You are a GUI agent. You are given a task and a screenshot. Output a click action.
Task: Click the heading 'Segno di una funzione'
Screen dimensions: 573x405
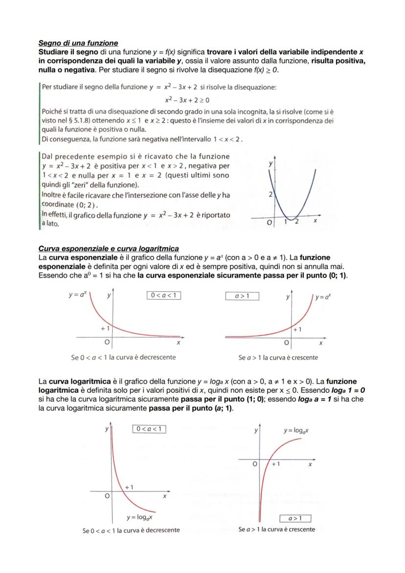pos(78,44)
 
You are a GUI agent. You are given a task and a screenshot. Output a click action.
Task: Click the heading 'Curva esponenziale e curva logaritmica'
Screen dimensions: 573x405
pos(108,249)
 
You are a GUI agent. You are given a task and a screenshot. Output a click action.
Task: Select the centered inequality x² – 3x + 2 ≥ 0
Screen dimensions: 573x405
pos(187,100)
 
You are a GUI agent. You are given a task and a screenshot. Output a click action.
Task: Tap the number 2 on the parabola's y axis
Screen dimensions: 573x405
pos(270,194)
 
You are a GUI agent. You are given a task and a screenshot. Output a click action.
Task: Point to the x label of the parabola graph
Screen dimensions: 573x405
pos(315,221)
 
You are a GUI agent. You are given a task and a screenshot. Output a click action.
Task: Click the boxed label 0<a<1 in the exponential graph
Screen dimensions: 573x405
pos(163,295)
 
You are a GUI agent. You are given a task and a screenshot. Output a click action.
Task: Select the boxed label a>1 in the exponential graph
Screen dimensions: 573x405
pos(242,296)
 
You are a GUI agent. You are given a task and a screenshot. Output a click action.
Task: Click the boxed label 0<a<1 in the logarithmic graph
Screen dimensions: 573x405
pos(149,429)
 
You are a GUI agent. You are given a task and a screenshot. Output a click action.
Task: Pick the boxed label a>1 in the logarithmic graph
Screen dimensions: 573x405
pos(295,518)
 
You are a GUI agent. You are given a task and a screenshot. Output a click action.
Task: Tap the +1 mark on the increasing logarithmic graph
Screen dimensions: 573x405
pos(276,463)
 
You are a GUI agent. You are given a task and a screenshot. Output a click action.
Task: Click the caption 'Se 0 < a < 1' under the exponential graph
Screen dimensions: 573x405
pos(123,357)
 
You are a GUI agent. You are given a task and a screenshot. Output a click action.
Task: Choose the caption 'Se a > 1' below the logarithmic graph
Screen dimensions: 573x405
pos(277,529)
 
